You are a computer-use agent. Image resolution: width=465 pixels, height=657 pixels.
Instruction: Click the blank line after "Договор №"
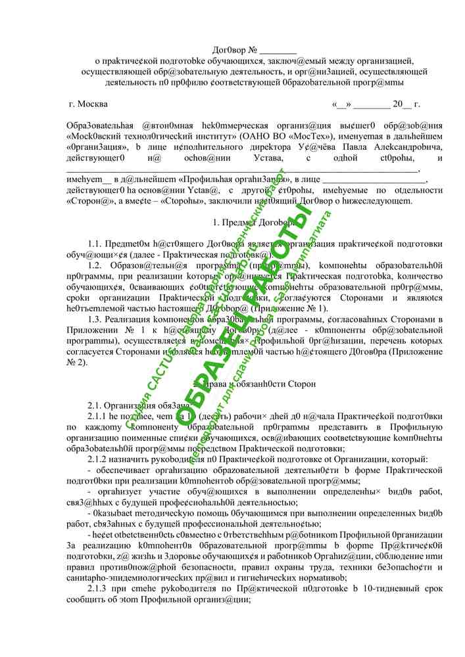(x=279, y=51)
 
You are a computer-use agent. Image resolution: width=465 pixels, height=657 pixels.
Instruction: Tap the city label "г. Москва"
(x=89, y=104)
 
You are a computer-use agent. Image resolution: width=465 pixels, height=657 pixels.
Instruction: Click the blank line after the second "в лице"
(x=375, y=179)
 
